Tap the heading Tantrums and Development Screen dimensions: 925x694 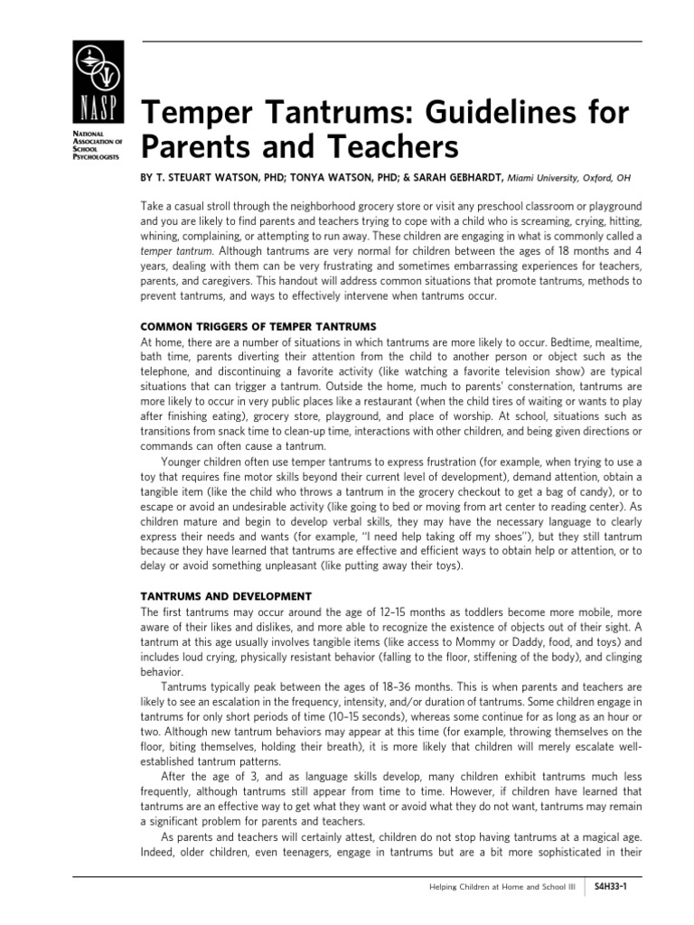(226, 596)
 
